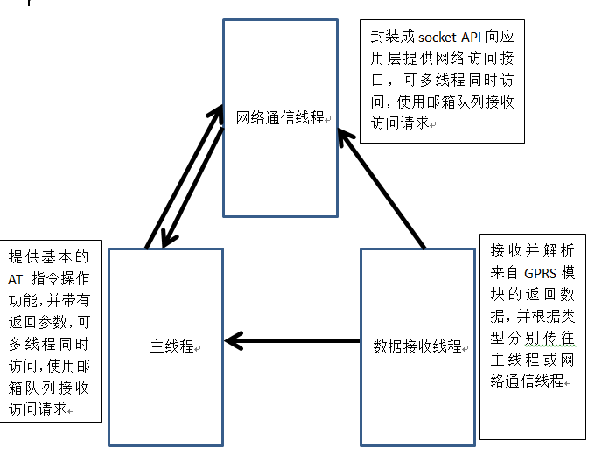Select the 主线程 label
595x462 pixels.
[171, 346]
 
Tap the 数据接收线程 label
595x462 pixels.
[416, 346]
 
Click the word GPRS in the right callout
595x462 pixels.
[542, 272]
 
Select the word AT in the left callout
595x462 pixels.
[18, 279]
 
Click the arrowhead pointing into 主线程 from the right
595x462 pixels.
[234, 339]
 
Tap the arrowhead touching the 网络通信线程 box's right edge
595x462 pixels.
[346, 132]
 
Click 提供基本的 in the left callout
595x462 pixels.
[49, 257]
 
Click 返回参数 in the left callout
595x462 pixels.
[38, 321]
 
